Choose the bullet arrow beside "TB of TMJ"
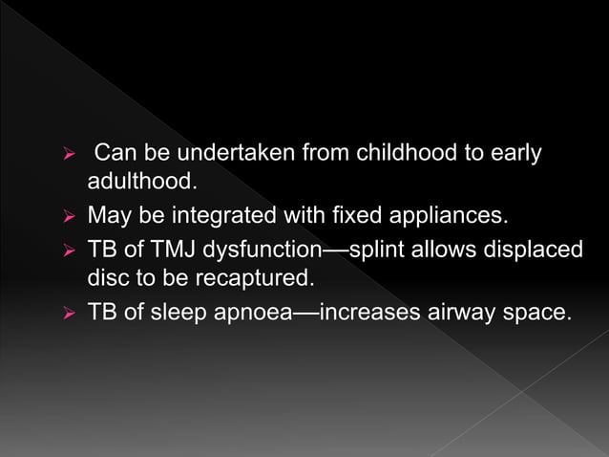pos(68,251)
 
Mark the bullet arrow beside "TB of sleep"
pos(68,313)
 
